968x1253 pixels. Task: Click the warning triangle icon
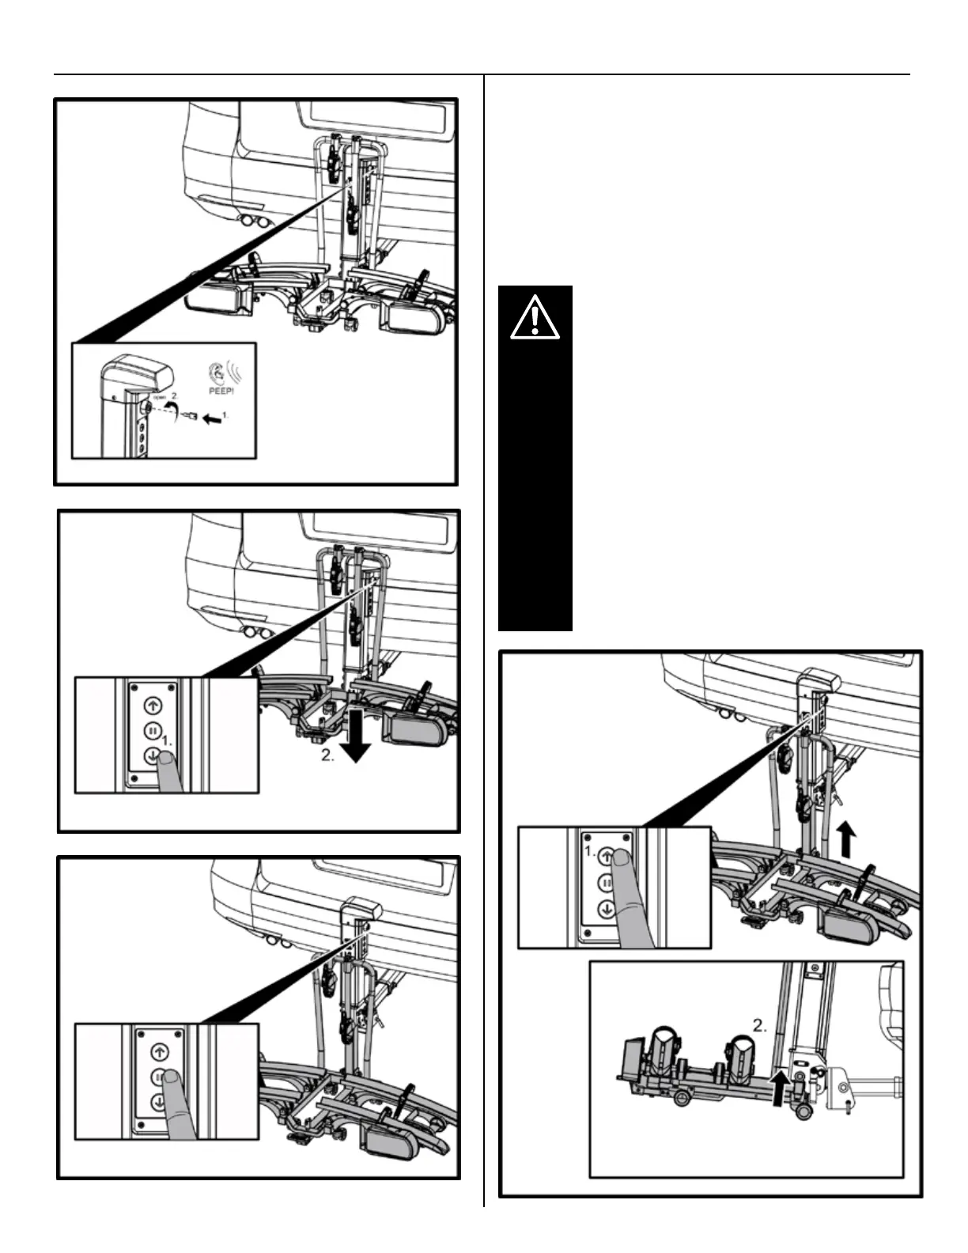(x=535, y=317)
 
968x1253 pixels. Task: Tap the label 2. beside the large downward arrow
(x=327, y=755)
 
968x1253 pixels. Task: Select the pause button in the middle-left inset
(x=153, y=729)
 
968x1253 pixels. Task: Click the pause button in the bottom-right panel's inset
(x=607, y=881)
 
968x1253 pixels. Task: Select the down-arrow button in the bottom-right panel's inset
(x=607, y=908)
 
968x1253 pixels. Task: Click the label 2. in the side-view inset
(x=760, y=1027)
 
